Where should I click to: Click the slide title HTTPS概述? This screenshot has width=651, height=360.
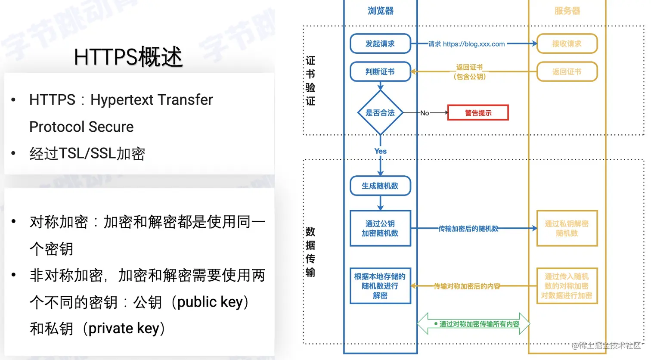click(128, 57)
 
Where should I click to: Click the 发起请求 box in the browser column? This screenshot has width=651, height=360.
click(380, 43)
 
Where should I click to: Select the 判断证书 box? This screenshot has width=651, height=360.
click(380, 71)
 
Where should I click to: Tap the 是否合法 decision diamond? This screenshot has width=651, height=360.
click(380, 113)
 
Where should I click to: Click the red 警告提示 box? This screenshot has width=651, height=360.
click(478, 113)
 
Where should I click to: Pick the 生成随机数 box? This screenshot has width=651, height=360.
click(380, 186)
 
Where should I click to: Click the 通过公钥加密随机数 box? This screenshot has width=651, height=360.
click(380, 228)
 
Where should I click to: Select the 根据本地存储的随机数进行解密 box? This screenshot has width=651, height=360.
click(380, 286)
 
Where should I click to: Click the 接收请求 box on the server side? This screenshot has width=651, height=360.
click(567, 43)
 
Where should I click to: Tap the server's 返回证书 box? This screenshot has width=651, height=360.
click(567, 71)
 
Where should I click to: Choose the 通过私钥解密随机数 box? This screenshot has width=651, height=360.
click(567, 228)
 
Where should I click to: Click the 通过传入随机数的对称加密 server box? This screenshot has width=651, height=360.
click(567, 286)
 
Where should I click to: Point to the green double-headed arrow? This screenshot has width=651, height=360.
click(474, 324)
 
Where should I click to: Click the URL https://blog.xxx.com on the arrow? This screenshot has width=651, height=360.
click(474, 44)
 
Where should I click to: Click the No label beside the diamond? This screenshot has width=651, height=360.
click(425, 113)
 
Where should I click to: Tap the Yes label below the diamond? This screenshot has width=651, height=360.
click(380, 151)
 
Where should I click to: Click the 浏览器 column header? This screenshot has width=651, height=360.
click(380, 11)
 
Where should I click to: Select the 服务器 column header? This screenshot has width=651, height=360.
click(567, 11)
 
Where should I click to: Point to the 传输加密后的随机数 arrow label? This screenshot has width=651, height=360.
click(468, 229)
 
